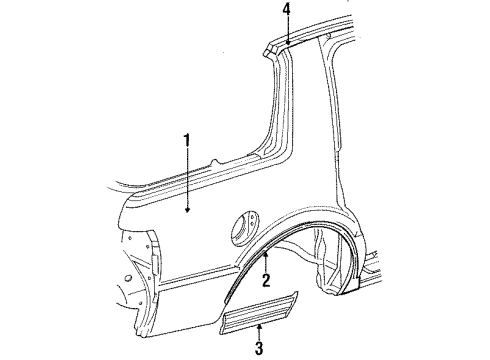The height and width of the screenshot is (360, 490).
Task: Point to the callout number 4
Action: [286, 11]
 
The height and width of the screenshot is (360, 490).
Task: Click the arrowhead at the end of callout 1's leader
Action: [186, 210]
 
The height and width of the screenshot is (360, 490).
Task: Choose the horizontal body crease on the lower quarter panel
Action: [180, 300]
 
